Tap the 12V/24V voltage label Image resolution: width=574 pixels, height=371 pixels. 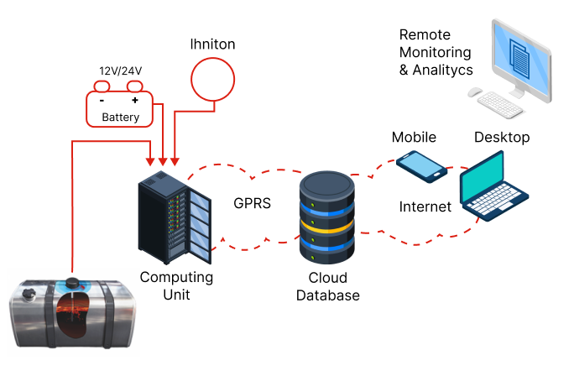pos(121,71)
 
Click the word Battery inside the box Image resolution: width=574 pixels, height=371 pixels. pos(121,118)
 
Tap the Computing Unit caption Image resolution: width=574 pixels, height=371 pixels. pos(176,286)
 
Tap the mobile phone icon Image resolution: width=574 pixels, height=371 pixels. pos(421,166)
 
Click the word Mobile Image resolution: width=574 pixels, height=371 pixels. pos(415,137)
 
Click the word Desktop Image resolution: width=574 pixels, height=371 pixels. pos(502,137)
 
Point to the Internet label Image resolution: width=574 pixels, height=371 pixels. pos(425,206)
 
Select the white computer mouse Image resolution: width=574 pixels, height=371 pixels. pos(476,93)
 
